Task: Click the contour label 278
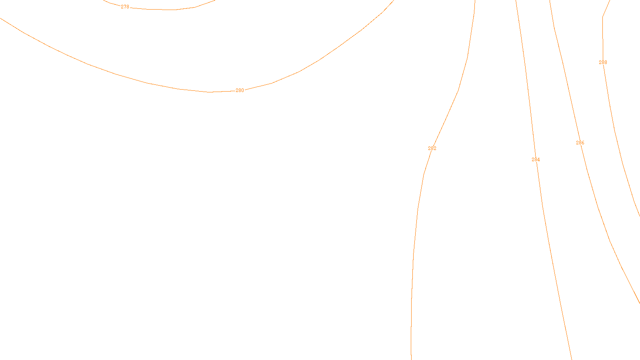pos(125,7)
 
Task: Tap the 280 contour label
pos(240,90)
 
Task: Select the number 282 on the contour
pos(432,148)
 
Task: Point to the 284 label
pos(536,160)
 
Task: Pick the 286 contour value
pos(580,143)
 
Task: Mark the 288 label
pos(603,62)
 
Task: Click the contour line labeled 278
pos(160,9)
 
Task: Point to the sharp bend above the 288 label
pos(603,17)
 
